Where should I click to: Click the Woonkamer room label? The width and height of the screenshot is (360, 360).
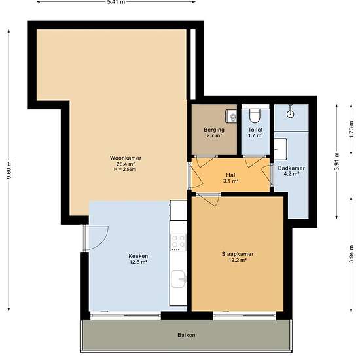pyautogui.click(x=126, y=158)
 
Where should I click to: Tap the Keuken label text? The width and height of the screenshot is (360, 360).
pyautogui.click(x=138, y=256)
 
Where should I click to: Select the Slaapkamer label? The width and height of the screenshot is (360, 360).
pyautogui.click(x=238, y=254)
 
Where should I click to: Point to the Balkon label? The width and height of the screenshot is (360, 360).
pyautogui.click(x=187, y=335)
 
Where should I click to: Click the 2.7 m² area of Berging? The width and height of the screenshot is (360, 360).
pyautogui.click(x=214, y=135)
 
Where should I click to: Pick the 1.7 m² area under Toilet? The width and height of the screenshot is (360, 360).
pyautogui.click(x=255, y=135)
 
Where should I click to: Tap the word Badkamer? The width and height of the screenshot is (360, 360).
pyautogui.click(x=291, y=168)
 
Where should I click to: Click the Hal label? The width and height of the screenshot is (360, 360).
pyautogui.click(x=230, y=175)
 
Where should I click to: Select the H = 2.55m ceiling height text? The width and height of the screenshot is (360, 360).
pyautogui.click(x=125, y=170)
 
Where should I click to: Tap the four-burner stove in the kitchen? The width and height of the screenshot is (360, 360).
pyautogui.click(x=179, y=242)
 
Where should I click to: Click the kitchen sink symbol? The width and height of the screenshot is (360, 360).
pyautogui.click(x=179, y=279)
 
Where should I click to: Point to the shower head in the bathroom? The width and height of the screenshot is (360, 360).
pyautogui.click(x=291, y=113)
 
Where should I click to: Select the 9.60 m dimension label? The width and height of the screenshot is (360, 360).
pyautogui.click(x=9, y=170)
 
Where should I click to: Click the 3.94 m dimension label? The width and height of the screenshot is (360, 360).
pyautogui.click(x=351, y=255)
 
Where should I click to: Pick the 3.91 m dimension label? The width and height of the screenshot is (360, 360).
pyautogui.click(x=337, y=161)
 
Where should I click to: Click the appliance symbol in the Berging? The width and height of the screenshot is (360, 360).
pyautogui.click(x=231, y=116)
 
